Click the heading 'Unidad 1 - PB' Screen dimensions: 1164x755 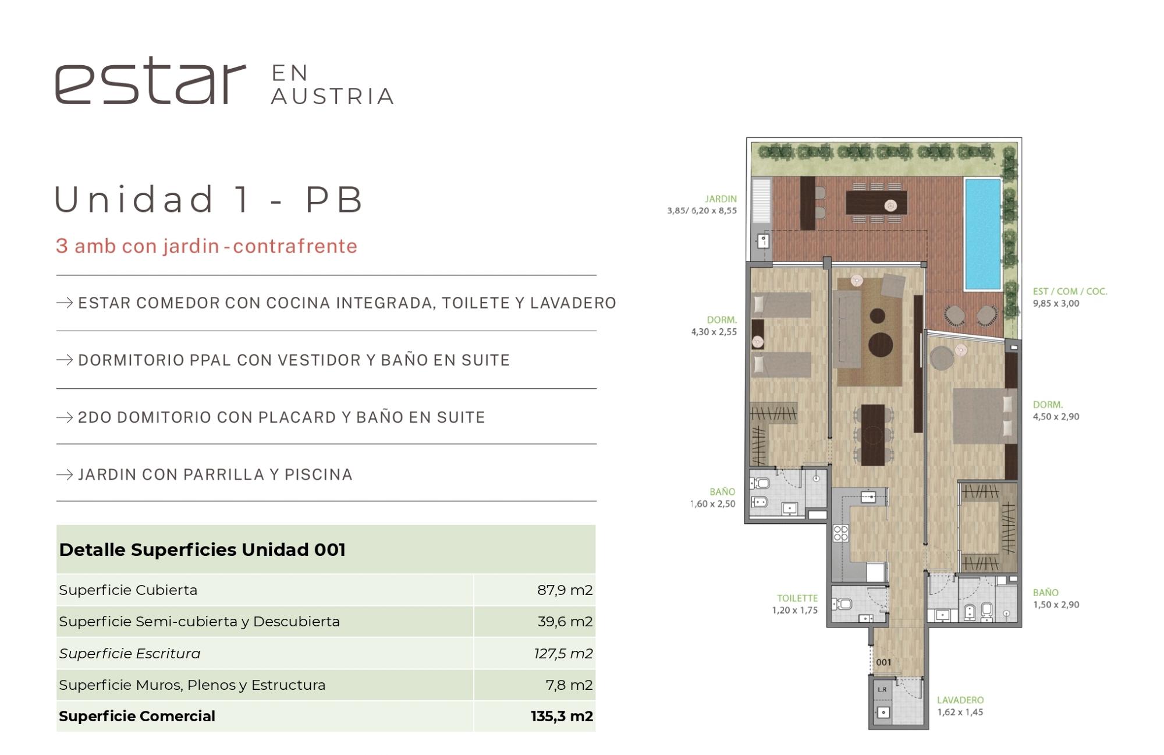tap(209, 199)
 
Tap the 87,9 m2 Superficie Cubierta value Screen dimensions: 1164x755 tap(565, 590)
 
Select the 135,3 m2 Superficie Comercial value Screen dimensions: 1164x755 tap(562, 716)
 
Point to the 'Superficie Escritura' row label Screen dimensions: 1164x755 tap(129, 653)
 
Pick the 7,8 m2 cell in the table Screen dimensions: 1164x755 tap(569, 685)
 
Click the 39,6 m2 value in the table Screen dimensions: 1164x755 tap(565, 621)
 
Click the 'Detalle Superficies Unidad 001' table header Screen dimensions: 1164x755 tap(202, 550)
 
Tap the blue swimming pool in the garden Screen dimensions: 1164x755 tap(982, 234)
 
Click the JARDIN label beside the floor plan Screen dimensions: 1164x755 tap(721, 199)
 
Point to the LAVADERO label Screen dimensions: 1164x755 tap(960, 700)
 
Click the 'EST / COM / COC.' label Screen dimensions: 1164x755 tap(1070, 291)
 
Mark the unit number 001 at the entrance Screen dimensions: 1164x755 tap(883, 662)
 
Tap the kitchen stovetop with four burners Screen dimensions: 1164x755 tap(840, 533)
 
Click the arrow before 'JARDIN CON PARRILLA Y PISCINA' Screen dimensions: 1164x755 tap(65, 474)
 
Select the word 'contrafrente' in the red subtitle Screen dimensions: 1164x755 tap(295, 246)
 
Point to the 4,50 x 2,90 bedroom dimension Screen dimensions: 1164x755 tap(1056, 417)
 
